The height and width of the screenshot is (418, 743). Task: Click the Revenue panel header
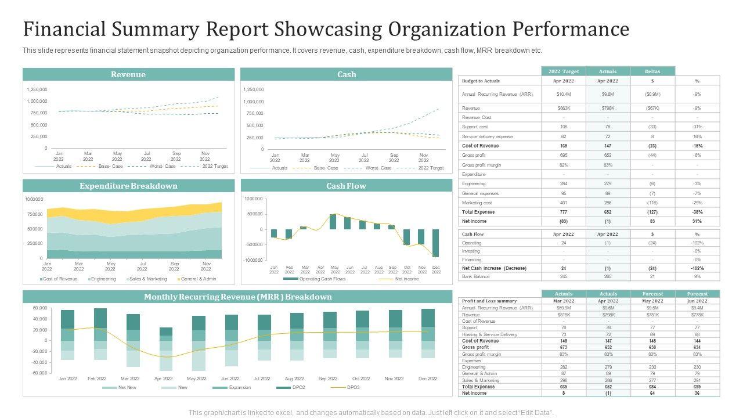pos(128,74)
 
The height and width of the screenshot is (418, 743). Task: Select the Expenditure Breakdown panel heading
pos(128,186)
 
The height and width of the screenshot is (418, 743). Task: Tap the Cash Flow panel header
pos(346,186)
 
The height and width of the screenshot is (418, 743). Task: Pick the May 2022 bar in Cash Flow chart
pos(333,222)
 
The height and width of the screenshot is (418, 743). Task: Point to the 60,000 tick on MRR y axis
pos(39,308)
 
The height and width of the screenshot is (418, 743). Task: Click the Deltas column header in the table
pos(652,71)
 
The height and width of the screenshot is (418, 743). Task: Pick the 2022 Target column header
pos(563,71)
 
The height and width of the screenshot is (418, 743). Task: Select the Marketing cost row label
pos(477,203)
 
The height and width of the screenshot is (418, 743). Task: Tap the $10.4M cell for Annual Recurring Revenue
pos(563,94)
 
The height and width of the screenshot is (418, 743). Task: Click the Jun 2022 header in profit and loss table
pos(697,301)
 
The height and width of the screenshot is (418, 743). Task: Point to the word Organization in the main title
pos(428,29)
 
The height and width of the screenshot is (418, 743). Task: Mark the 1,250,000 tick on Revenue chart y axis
pos(37,89)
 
